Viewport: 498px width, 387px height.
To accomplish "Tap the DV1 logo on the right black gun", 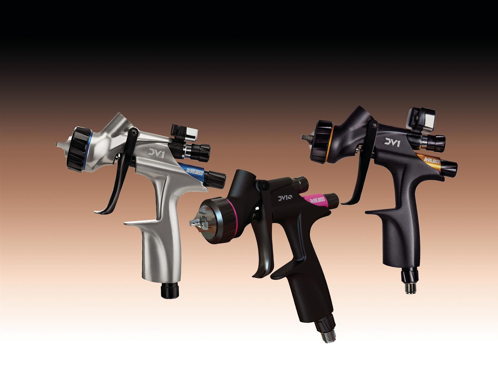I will point(392,142).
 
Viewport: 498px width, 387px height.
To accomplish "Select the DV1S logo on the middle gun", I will point(287,199).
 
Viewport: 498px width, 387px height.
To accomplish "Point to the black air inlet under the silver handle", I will point(169,290).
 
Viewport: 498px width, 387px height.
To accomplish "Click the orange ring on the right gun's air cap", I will point(332,140).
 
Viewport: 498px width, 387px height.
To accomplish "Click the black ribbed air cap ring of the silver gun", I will point(79,149).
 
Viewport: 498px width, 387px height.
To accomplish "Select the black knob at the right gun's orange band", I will point(449,167).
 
